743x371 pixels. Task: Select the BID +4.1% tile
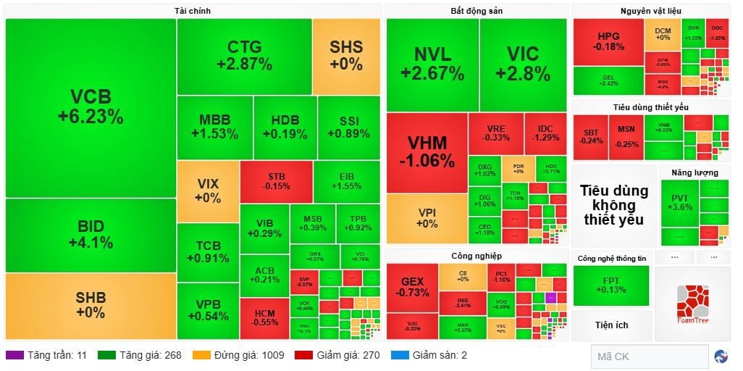click(91, 235)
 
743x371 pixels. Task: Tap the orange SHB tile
click(91, 305)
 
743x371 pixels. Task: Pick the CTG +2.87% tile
click(244, 56)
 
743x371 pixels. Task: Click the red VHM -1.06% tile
click(427, 151)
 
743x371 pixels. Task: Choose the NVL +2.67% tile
click(432, 64)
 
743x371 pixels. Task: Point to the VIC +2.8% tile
click(523, 64)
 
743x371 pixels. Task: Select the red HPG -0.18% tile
click(608, 41)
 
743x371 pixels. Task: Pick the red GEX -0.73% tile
click(412, 287)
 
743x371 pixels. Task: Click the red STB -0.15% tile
click(276, 181)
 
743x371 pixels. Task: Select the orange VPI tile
click(427, 218)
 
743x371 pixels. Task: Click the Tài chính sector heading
click(193, 10)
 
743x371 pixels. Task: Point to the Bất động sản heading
click(476, 10)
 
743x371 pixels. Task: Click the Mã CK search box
click(648, 356)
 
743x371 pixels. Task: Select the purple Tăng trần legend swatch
click(14, 355)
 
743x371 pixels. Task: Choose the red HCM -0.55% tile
click(264, 318)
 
